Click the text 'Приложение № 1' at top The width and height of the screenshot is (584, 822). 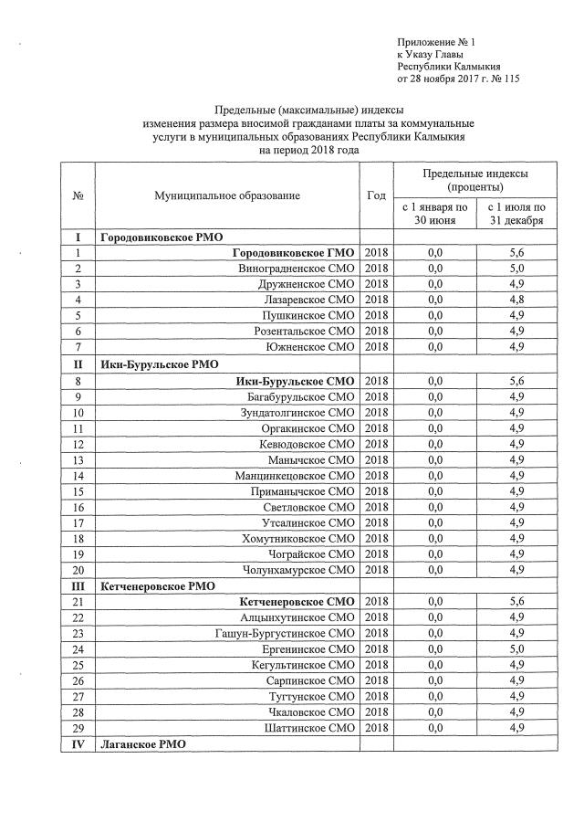436,43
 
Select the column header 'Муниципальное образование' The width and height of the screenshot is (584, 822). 227,195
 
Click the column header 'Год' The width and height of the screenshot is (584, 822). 376,195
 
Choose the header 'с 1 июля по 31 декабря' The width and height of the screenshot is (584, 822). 516,214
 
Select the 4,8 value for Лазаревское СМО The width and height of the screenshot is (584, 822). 516,300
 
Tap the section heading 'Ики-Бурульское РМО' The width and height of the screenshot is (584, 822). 156,364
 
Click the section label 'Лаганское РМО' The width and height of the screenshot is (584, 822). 143,744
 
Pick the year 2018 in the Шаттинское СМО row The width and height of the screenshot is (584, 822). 376,728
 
